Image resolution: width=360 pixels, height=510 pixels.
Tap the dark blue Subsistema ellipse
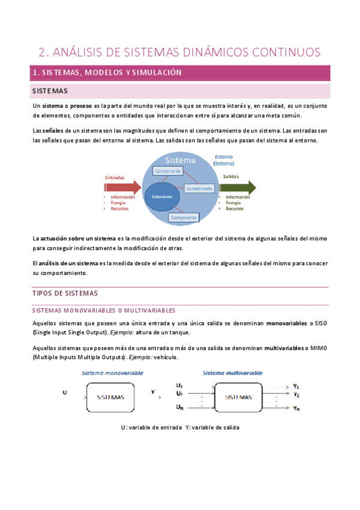pyautogui.click(x=162, y=197)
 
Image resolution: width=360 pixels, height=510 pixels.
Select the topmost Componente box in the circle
pyautogui.click(x=168, y=171)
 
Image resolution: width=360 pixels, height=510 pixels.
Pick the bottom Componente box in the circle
pyautogui.click(x=183, y=217)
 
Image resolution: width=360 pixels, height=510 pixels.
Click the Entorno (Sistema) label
pyautogui.click(x=224, y=160)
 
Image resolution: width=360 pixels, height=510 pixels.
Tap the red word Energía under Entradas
pyautogui.click(x=118, y=203)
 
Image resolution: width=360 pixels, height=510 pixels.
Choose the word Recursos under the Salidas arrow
pyautogui.click(x=235, y=209)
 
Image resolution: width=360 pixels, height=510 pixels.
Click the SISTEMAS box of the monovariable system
pyautogui.click(x=111, y=398)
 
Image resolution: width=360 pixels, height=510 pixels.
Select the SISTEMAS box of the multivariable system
pyautogui.click(x=239, y=398)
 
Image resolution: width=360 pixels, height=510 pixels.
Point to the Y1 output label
pyautogui.click(x=296, y=386)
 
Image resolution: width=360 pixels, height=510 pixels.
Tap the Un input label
pyautogui.click(x=180, y=408)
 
